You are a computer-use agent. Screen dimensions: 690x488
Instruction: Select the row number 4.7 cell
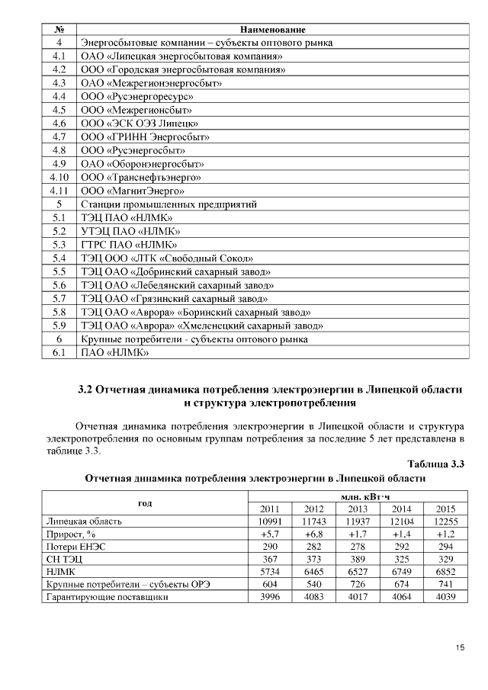(x=59, y=137)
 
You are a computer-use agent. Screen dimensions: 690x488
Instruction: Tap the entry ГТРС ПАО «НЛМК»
(x=129, y=245)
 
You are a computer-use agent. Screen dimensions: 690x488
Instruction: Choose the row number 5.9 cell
(x=59, y=326)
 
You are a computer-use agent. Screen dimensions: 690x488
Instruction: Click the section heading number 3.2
(x=86, y=390)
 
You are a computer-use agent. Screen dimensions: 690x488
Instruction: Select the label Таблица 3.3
(x=436, y=464)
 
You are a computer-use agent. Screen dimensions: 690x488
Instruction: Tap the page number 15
(x=460, y=648)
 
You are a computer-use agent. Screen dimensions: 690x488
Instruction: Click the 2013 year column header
(x=358, y=509)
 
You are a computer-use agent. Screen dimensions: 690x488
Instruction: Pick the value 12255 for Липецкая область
(x=445, y=522)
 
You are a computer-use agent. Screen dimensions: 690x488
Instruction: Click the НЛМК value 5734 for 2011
(x=270, y=570)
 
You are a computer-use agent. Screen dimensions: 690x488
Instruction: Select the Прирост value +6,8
(x=314, y=534)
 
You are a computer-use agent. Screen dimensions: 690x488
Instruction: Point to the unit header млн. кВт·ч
(x=358, y=497)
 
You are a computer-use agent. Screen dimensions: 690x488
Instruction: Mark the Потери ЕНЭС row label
(x=75, y=546)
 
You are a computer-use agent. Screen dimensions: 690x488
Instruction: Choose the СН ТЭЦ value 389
(x=358, y=558)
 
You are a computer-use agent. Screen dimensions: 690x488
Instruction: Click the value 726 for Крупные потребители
(x=358, y=584)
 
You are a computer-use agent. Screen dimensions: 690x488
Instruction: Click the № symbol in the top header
(x=59, y=29)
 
